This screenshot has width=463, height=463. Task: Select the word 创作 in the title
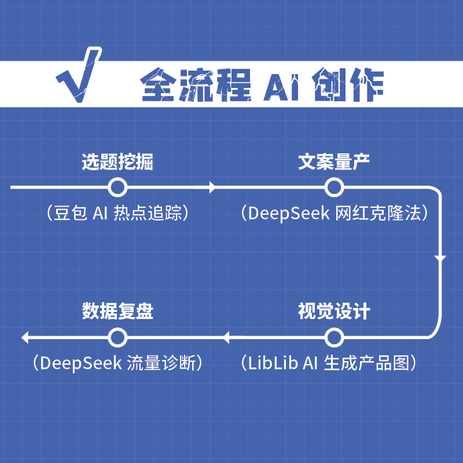tap(347, 86)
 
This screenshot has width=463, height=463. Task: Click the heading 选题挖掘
tap(117, 162)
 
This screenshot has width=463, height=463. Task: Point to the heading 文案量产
tap(334, 162)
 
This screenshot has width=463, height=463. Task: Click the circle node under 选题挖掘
tap(117, 188)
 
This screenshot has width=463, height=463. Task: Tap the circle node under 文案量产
tap(334, 188)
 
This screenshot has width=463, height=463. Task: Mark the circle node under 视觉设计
tap(334, 337)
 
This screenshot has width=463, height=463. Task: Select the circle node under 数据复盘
tap(117, 337)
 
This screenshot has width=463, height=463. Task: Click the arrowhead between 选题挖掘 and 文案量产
tap(212, 188)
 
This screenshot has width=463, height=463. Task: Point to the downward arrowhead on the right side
tap(440, 258)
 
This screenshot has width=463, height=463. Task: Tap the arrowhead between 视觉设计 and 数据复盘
tap(227, 337)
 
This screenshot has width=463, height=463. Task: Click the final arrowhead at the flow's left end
tap(24, 337)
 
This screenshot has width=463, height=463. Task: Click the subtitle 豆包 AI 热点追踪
tap(117, 214)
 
